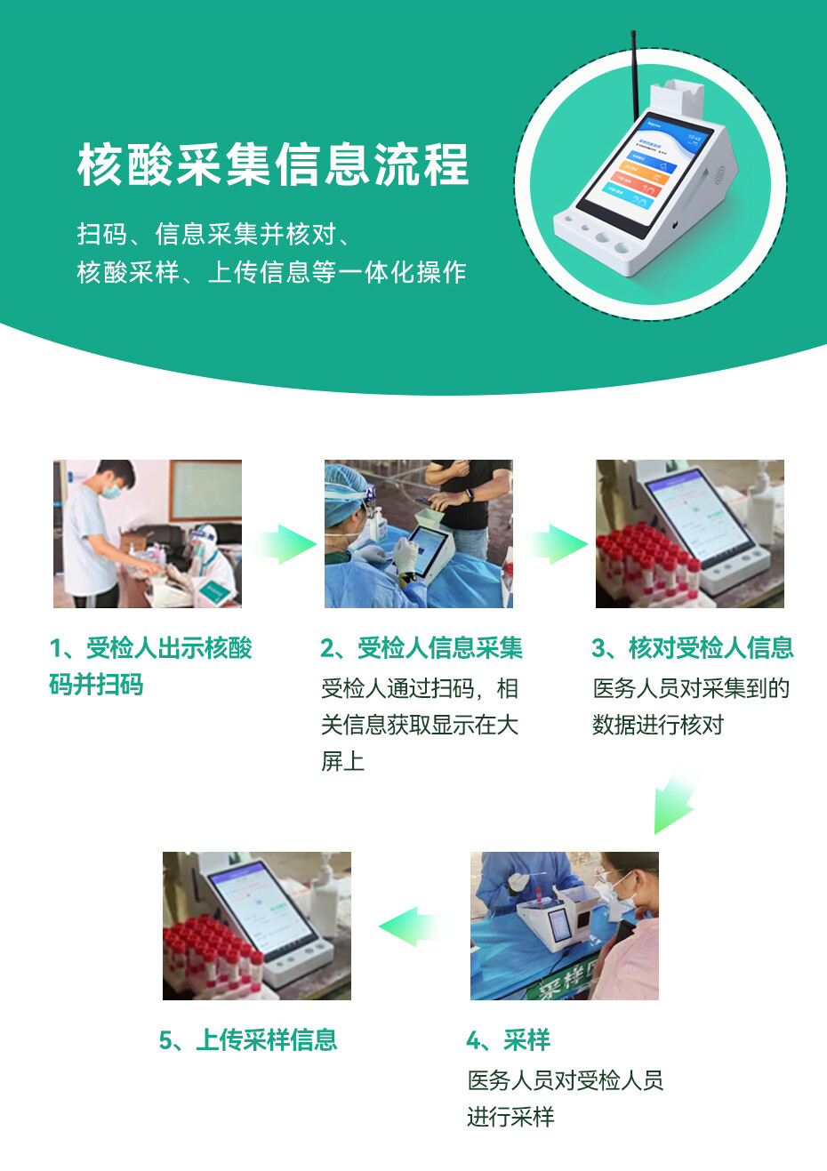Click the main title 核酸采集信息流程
273,164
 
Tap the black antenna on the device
635,76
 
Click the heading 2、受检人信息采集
422,648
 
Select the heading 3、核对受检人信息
693,648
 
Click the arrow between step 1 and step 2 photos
287,544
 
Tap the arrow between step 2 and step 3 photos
558,544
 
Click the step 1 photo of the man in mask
148,533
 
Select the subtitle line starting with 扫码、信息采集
213,234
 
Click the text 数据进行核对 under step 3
658,725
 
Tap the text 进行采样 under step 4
510,1117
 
